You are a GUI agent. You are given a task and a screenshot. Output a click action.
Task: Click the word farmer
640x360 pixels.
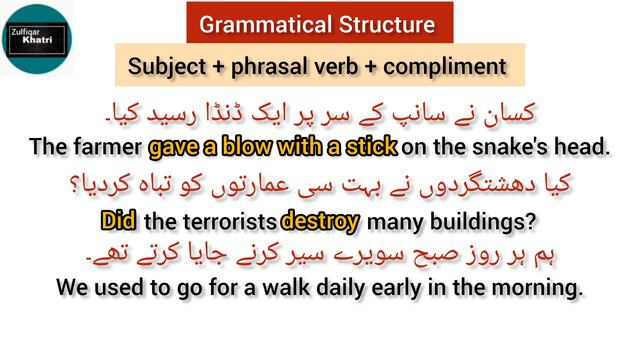pos(105,148)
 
